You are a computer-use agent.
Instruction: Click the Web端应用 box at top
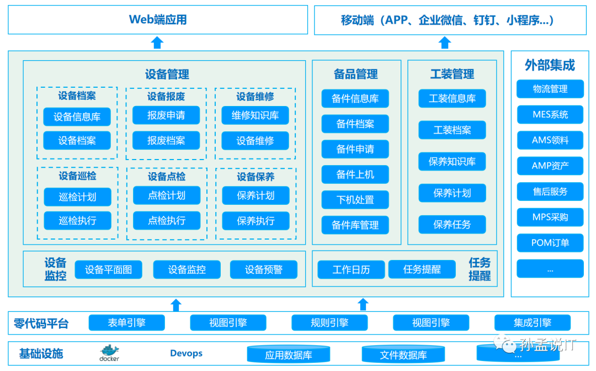point(158,20)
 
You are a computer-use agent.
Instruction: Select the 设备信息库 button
point(77,117)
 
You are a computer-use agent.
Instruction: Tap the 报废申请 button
point(166,115)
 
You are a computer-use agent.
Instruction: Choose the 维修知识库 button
point(255,115)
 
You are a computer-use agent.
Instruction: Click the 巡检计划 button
point(77,197)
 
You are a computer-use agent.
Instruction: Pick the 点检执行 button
point(167,221)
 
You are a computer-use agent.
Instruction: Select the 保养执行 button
point(256,221)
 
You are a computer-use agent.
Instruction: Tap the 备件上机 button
point(355,174)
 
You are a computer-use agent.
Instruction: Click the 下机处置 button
point(355,200)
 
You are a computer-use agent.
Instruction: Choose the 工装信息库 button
point(452,99)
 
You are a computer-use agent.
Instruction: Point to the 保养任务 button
point(452,225)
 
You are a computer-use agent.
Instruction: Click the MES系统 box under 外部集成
point(550,115)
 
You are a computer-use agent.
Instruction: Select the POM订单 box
point(550,243)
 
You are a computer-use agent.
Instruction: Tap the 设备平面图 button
point(108,270)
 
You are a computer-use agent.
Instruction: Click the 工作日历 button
point(351,270)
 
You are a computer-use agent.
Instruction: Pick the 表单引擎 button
point(126,323)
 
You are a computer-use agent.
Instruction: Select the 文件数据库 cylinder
point(403,354)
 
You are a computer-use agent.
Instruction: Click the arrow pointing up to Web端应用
point(157,43)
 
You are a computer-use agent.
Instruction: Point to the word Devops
point(186,353)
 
